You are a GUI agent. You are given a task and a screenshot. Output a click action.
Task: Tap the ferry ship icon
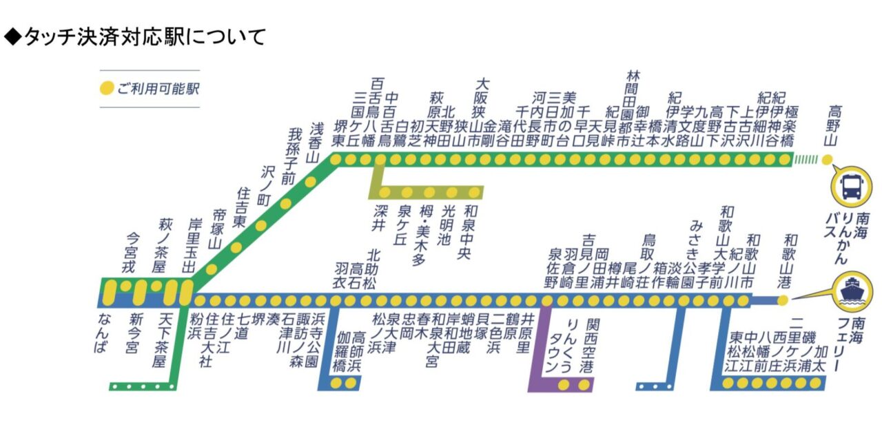coord(852,290)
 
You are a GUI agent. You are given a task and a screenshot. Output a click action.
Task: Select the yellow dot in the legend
coord(107,89)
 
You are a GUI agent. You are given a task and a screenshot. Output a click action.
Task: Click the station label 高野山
coord(834,125)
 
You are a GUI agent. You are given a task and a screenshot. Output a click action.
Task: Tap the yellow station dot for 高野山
coord(828,160)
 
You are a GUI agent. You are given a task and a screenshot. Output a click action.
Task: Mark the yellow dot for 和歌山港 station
coord(782,300)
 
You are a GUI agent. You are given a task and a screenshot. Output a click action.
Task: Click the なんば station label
coord(103,333)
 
